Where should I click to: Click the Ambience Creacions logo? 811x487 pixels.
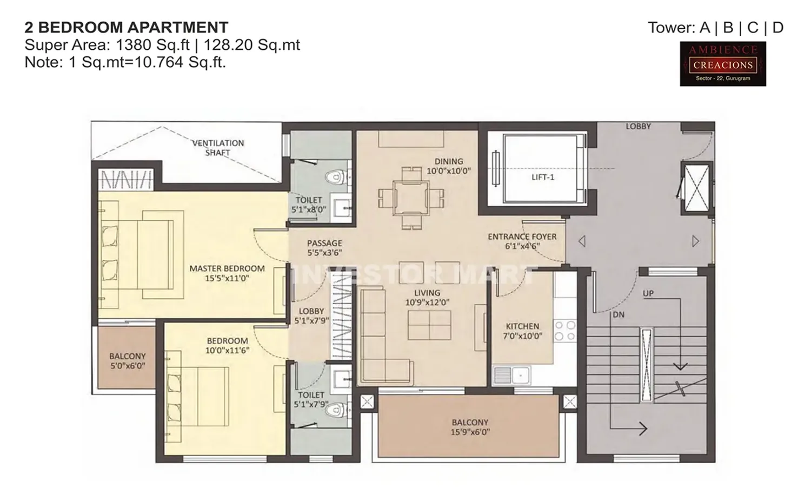click(723, 64)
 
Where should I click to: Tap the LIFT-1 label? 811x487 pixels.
click(543, 177)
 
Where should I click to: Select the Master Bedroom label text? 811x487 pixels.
click(227, 268)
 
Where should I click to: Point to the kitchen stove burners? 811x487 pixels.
click(565, 331)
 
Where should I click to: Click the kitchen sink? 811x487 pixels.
click(511, 374)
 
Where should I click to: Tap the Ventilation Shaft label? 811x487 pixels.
click(218, 148)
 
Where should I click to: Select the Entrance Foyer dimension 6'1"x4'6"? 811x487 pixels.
click(522, 246)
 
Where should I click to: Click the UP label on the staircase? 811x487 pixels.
click(648, 293)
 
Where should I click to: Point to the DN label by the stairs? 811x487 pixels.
click(619, 314)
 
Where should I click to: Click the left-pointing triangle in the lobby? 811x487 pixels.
click(582, 241)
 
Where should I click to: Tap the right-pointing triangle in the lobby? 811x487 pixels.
click(695, 241)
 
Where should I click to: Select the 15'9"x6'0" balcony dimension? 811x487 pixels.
click(470, 432)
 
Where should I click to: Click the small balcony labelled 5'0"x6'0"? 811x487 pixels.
click(127, 361)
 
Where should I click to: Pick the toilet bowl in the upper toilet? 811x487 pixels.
click(336, 177)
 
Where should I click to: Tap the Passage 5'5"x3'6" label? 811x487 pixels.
click(324, 248)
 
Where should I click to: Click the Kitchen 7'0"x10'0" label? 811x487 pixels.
click(522, 331)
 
